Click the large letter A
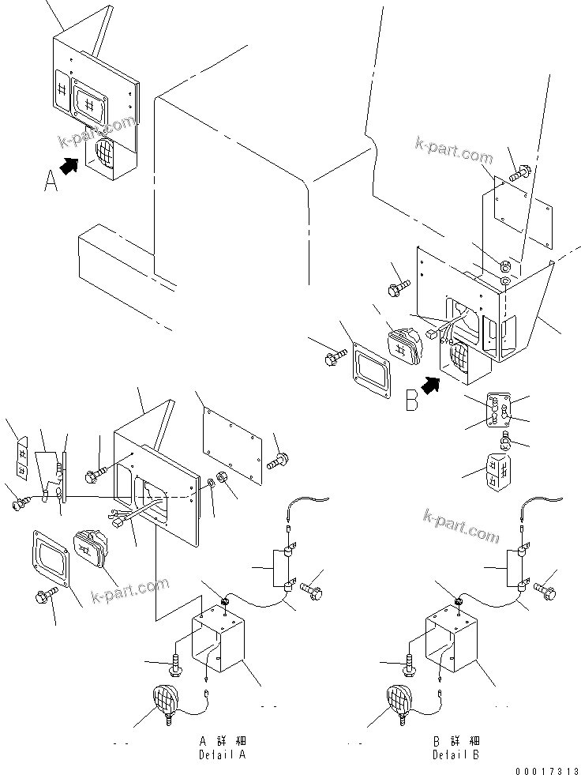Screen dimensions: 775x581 point(51,182)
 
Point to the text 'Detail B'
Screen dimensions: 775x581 point(456,755)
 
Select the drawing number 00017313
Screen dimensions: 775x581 point(545,770)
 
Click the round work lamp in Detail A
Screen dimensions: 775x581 point(167,699)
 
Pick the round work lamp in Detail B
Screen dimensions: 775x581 point(401,699)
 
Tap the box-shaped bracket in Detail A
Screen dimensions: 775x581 point(219,644)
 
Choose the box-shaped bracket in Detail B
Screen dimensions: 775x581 point(453,644)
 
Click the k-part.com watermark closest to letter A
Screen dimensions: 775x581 point(98,132)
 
